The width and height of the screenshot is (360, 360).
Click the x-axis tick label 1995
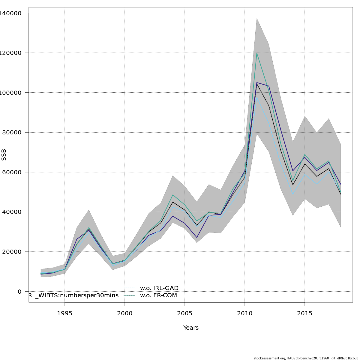point(65,313)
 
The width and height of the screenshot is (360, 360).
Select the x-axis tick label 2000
point(125,313)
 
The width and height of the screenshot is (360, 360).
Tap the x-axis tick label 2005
point(185,313)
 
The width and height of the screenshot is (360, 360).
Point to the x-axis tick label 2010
point(245,313)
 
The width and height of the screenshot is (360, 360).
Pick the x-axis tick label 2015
point(305,313)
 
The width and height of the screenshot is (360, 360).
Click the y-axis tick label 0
point(20,292)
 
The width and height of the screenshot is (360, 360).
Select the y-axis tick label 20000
point(11,252)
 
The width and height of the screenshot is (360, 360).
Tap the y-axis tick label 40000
point(11,212)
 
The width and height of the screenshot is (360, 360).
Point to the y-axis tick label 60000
point(11,172)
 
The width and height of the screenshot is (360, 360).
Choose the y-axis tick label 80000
point(11,133)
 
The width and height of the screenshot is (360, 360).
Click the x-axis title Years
point(191,328)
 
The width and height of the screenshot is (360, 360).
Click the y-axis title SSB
point(4,155)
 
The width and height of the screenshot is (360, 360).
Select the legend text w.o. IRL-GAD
point(159,288)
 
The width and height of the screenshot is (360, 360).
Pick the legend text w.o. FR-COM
point(158,295)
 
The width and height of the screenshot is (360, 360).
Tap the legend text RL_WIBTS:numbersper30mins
point(73,295)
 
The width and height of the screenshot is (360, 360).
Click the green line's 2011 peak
point(257,53)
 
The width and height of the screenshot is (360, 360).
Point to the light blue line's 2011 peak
point(257,97)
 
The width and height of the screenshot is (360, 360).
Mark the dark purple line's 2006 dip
point(197,238)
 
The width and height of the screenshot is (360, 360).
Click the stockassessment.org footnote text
point(306,358)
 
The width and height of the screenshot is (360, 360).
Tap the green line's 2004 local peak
point(173,195)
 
